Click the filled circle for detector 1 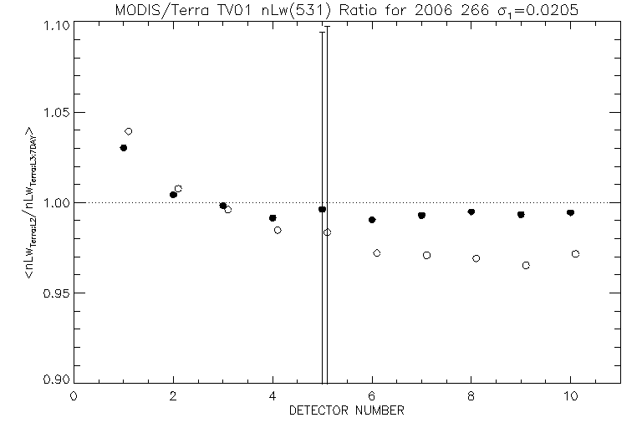coord(124,148)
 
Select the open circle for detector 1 coord(129,131)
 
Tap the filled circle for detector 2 coord(173,195)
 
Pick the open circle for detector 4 coord(278,230)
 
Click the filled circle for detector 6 coord(372,220)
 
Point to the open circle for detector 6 coord(377,252)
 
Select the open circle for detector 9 coord(526,265)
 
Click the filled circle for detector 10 coord(570,213)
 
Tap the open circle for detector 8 coord(476,258)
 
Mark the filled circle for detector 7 coord(421,216)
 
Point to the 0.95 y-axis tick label coord(55,293)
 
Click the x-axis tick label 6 coord(372,395)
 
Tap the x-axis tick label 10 coord(570,395)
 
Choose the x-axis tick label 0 coord(74,395)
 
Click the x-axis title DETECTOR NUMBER coord(347,410)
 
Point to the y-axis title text coord(30,203)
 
